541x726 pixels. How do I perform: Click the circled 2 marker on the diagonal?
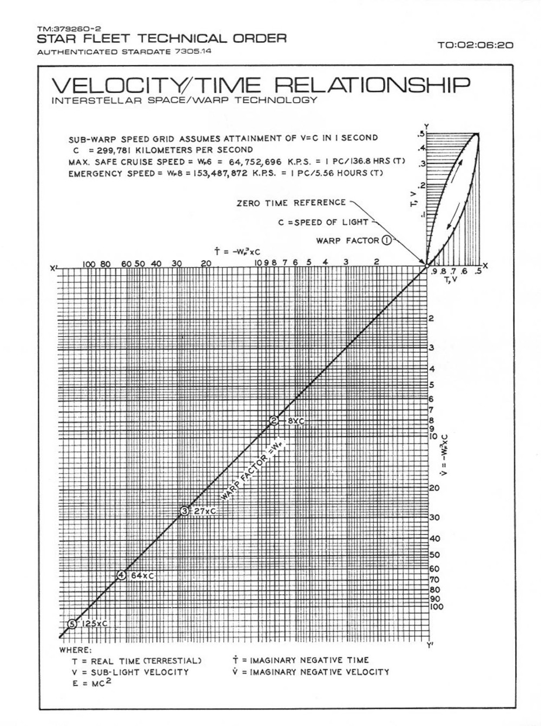pyautogui.click(x=274, y=421)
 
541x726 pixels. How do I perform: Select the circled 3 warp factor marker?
pyautogui.click(x=184, y=511)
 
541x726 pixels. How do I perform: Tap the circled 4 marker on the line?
pyautogui.click(x=122, y=575)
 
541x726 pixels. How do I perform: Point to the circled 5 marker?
pyautogui.click(x=72, y=624)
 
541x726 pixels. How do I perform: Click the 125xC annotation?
pyautogui.click(x=95, y=624)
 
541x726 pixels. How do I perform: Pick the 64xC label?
pyautogui.click(x=142, y=575)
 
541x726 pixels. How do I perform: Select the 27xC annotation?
pyautogui.click(x=205, y=511)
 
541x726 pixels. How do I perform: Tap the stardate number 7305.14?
pyautogui.click(x=193, y=52)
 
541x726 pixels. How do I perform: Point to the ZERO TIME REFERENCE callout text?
pyautogui.click(x=291, y=203)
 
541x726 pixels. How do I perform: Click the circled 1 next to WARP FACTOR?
pyautogui.click(x=387, y=241)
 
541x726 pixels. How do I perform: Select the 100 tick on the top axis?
pyautogui.click(x=89, y=264)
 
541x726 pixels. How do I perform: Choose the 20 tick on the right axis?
pyautogui.click(x=434, y=488)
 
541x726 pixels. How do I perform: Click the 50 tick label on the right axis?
pyautogui.click(x=434, y=554)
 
